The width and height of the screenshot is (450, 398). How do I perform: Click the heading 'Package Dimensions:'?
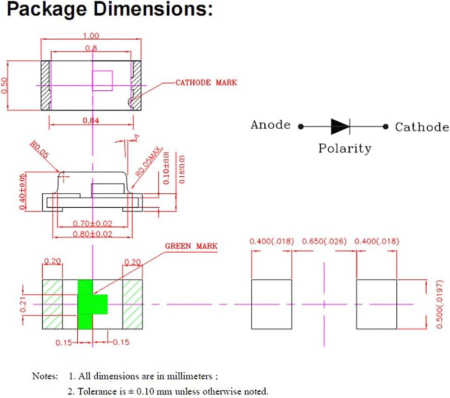(x=110, y=10)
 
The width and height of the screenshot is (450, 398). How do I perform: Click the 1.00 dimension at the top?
(x=90, y=36)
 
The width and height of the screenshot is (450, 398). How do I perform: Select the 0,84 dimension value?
(x=91, y=121)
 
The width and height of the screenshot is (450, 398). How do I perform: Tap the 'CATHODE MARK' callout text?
(x=206, y=83)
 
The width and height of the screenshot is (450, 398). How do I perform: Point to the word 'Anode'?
(x=270, y=125)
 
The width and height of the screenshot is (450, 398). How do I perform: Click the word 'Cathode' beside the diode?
(x=422, y=127)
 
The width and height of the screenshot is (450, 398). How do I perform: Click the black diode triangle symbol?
(x=340, y=126)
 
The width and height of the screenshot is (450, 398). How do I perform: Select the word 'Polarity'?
(x=344, y=149)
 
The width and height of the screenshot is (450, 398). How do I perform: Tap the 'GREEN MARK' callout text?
(x=191, y=246)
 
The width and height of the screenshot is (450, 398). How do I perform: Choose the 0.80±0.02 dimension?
(x=93, y=234)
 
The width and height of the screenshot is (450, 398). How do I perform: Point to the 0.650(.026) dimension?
(x=324, y=242)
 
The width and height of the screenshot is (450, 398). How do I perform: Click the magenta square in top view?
(x=103, y=80)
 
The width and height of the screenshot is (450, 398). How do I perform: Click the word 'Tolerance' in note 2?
(x=96, y=391)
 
